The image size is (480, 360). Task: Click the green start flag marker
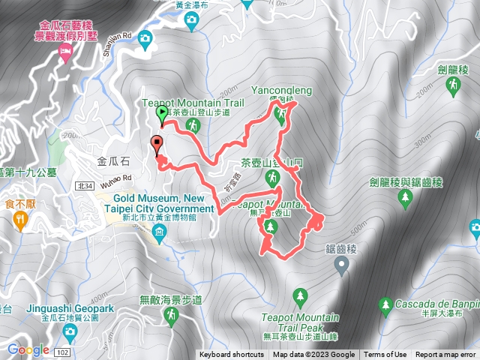click(x=161, y=115)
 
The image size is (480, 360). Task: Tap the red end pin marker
click(x=157, y=143)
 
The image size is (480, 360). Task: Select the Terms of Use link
click(x=385, y=355)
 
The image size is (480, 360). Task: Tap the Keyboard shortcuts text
click(x=231, y=355)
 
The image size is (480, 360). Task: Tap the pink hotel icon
click(x=64, y=53)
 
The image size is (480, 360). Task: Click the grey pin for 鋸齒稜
click(x=341, y=263)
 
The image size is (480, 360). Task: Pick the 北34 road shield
click(x=84, y=185)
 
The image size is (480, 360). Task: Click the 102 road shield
click(x=63, y=351)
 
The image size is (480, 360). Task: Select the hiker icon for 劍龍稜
click(x=453, y=87)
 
